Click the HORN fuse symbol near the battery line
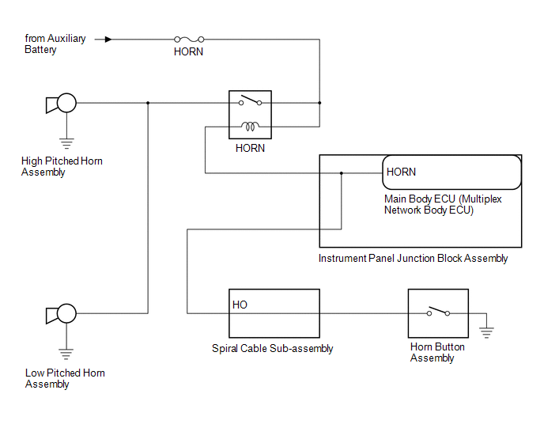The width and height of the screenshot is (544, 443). point(188,39)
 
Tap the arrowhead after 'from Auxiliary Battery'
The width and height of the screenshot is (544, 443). point(108,39)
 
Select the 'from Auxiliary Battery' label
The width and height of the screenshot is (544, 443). point(55,44)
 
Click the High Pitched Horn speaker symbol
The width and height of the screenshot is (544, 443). point(61,103)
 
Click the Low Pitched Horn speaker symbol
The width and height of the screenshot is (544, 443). point(61,314)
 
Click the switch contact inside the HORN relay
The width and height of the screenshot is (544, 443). point(251,100)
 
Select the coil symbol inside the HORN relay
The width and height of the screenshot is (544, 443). point(251,125)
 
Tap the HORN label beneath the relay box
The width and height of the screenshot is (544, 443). point(250,148)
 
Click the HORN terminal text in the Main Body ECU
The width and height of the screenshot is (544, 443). point(401,172)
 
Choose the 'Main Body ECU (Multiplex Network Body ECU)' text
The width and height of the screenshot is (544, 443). point(443,205)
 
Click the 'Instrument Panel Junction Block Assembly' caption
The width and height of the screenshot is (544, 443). point(413,259)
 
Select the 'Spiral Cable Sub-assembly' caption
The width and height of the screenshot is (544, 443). point(273,349)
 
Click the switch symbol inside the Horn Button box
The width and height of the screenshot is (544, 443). point(438,312)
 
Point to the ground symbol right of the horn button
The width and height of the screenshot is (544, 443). point(486,331)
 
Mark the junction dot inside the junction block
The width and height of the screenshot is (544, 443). point(341,172)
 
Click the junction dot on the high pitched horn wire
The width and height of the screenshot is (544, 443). point(148,103)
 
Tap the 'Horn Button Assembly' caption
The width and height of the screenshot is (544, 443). point(437,353)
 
